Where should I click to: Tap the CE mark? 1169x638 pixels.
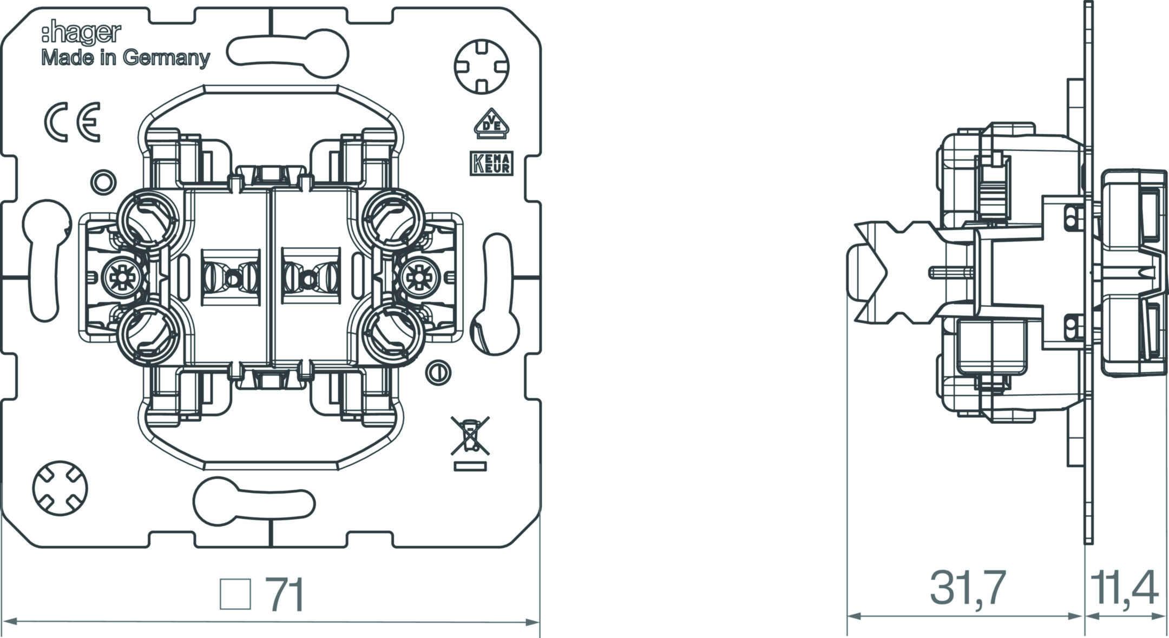coord(72,122)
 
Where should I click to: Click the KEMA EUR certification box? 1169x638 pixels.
coord(491,163)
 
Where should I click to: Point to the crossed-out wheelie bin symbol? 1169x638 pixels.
coord(470,436)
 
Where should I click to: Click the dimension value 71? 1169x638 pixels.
coord(286,595)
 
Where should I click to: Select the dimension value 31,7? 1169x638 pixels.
coord(968,588)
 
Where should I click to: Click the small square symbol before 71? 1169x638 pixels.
coord(236,594)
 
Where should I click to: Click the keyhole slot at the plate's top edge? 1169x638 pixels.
coord(287,54)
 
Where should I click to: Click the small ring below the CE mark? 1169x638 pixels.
coord(103,182)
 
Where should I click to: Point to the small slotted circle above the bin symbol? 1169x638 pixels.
coord(438,372)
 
